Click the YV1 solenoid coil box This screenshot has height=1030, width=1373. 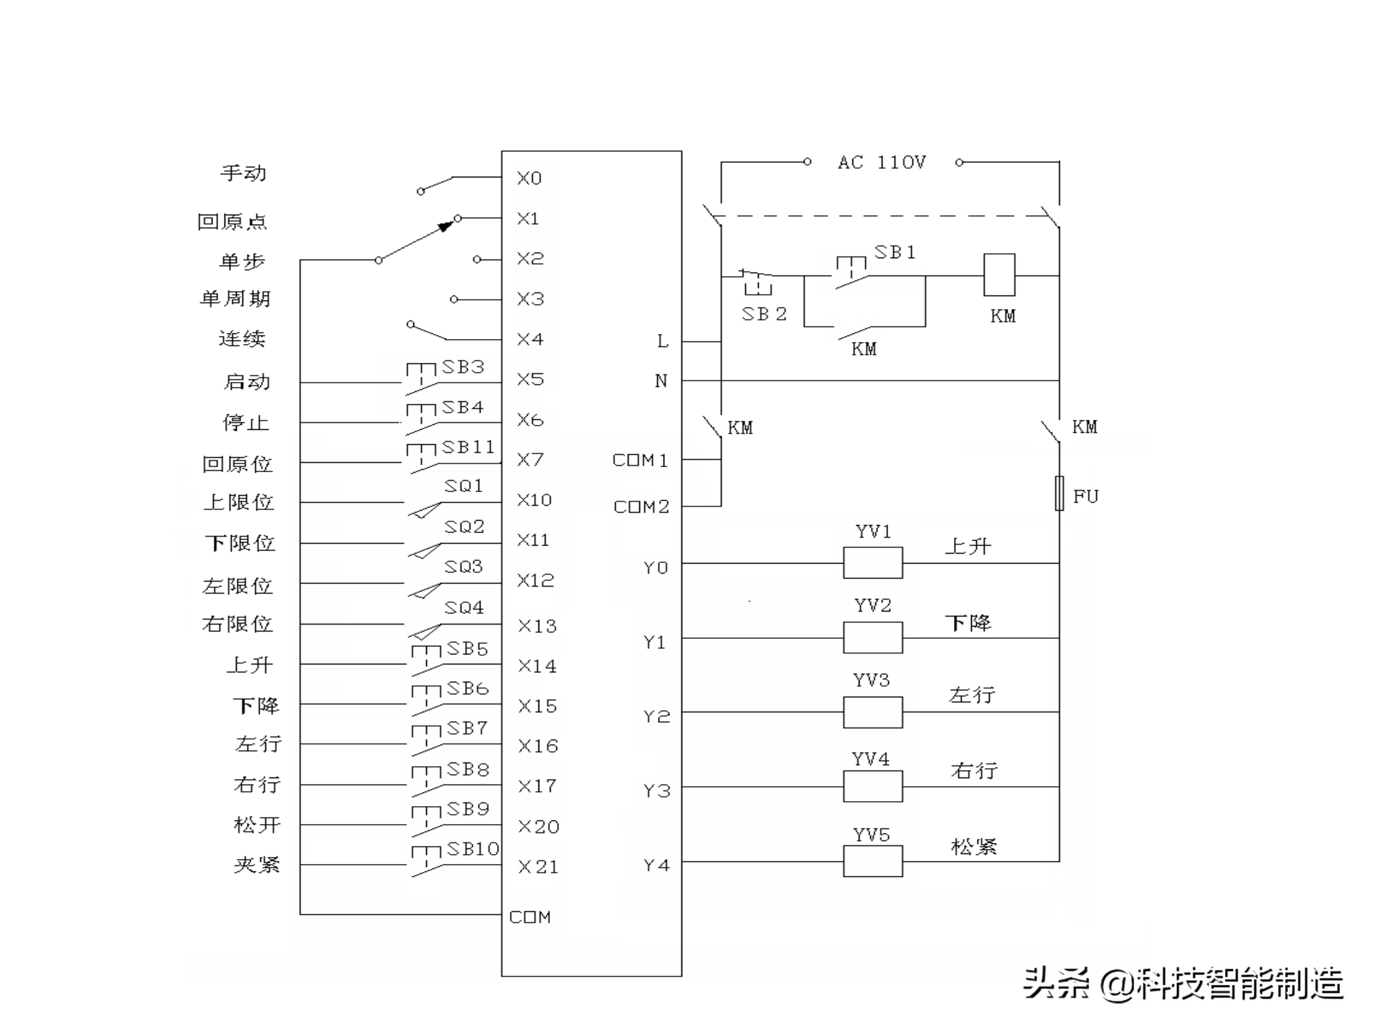872,563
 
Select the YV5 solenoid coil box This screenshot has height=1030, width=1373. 872,861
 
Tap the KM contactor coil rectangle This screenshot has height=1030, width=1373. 999,275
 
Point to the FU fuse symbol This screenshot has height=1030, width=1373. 1059,494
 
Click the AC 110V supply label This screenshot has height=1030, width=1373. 882,163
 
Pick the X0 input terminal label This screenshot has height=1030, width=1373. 529,178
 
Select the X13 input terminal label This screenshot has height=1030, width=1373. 537,627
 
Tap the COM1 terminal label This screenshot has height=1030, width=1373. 640,460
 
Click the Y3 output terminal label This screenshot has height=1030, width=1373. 656,790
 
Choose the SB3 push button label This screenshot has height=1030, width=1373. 463,367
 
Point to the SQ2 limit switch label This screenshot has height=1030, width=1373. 464,527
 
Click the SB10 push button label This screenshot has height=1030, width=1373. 473,849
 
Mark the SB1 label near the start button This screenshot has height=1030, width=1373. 895,252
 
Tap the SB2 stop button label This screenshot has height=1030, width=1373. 764,314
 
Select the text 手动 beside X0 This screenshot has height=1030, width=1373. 243,173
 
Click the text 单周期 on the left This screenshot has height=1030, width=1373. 235,298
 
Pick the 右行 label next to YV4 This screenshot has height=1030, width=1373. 973,770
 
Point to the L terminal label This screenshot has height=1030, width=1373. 663,341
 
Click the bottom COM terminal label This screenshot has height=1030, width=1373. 530,917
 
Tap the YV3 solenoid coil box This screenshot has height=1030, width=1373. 872,712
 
